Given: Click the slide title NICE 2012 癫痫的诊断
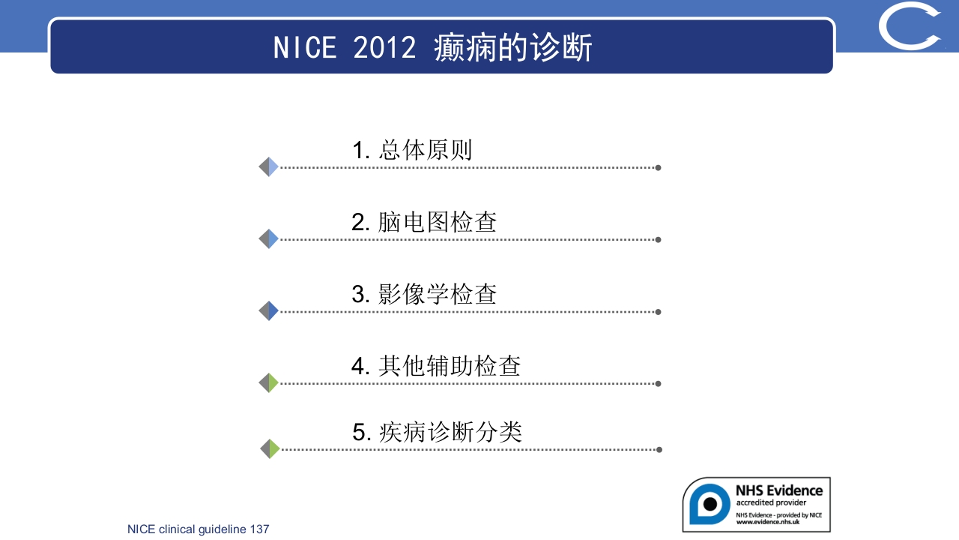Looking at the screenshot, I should point(433,48).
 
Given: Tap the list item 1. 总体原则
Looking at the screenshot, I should point(412,150).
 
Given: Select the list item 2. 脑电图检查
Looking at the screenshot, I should point(424,222).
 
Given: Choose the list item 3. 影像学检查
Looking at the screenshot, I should point(424,294).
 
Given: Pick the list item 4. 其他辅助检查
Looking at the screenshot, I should point(436,366).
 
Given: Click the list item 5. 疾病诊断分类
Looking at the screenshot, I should point(437,432).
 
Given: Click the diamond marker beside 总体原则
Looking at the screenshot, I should point(269,167).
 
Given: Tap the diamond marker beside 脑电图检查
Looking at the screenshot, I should point(269,239).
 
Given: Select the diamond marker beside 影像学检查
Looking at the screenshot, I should point(269,311).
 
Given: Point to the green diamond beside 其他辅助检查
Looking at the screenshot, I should point(269,383).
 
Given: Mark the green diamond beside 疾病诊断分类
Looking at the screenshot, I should point(270,449).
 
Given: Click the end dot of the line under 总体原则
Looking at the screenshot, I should point(658,168).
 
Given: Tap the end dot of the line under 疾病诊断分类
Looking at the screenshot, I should point(659,450).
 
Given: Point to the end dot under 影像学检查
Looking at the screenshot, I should point(658,312).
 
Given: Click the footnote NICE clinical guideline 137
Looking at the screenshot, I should point(199,529).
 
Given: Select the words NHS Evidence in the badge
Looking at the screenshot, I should point(779,490).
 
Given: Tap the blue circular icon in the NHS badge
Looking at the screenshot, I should point(709,503).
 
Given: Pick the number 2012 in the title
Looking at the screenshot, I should point(384,48).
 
